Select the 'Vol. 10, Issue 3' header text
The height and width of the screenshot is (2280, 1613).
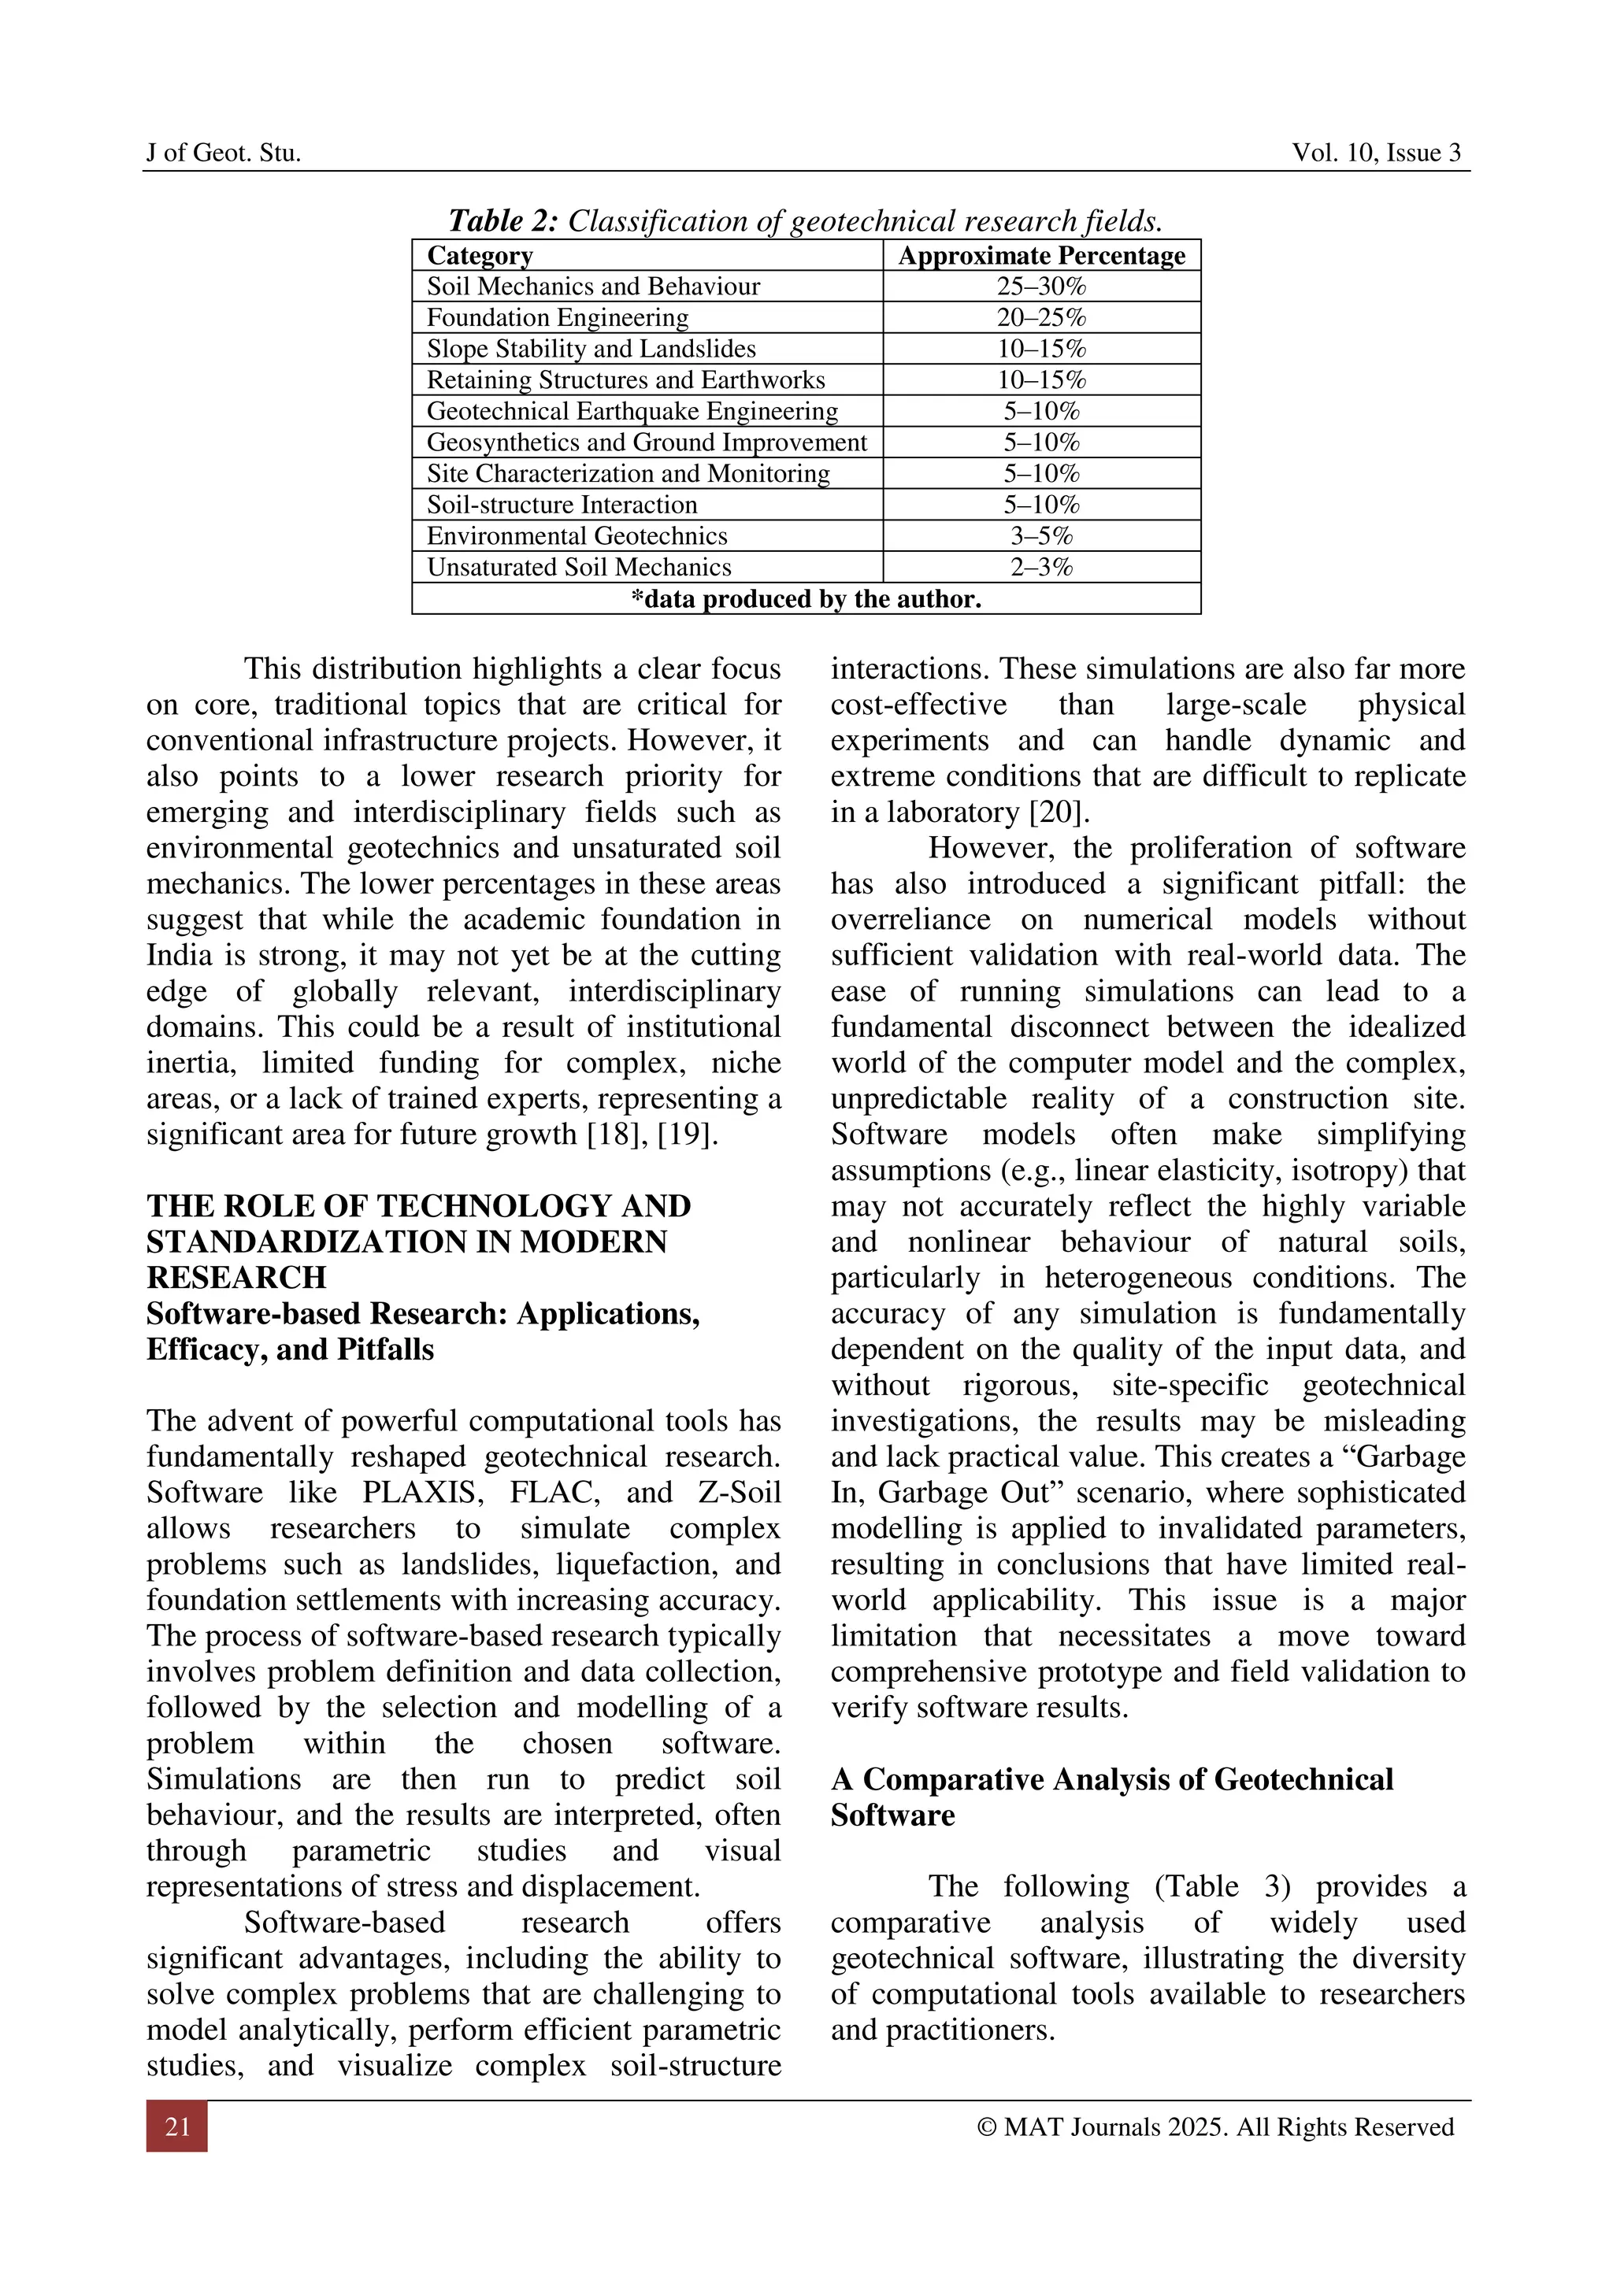(x=1376, y=153)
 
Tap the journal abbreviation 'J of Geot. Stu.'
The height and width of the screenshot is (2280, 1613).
(x=224, y=153)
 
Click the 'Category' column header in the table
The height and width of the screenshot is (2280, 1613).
(x=480, y=255)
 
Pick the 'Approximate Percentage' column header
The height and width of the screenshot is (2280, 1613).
(x=1041, y=255)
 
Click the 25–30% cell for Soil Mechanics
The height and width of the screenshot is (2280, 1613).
(x=1041, y=287)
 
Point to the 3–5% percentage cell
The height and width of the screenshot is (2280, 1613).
(x=1041, y=536)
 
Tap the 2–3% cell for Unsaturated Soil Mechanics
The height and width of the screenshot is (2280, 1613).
(x=1041, y=567)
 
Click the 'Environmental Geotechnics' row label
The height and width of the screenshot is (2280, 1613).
(x=577, y=536)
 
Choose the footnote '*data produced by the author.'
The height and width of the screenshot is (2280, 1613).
(x=806, y=599)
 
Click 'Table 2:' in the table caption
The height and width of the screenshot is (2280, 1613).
(x=503, y=220)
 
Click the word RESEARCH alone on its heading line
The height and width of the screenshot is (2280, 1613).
(x=236, y=1278)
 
